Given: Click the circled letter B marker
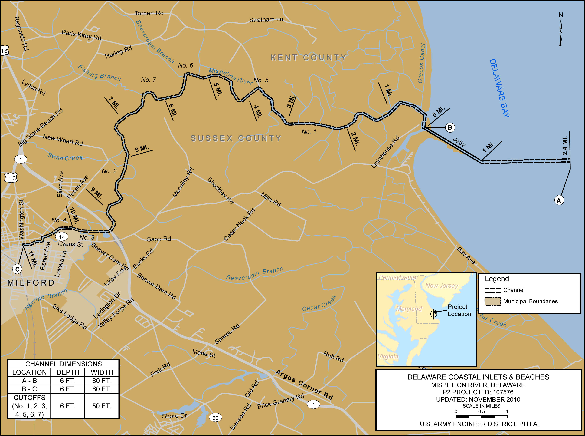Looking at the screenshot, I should (450, 127).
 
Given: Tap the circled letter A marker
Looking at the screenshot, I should (559, 201).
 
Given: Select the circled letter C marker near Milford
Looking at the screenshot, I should (17, 269).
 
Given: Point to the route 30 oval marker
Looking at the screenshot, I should (215, 418).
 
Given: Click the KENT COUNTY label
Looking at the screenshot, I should (308, 58).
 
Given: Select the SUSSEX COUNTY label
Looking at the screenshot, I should (236, 138).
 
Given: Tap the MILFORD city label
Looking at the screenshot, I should (31, 283).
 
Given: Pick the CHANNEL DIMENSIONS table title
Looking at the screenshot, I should (63, 364).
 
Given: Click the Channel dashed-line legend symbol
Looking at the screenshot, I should (492, 290).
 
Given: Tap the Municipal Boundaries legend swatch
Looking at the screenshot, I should (492, 301).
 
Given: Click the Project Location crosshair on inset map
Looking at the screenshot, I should (434, 314).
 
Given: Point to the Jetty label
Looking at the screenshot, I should (459, 142).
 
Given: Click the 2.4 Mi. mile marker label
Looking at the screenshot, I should (565, 146).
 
